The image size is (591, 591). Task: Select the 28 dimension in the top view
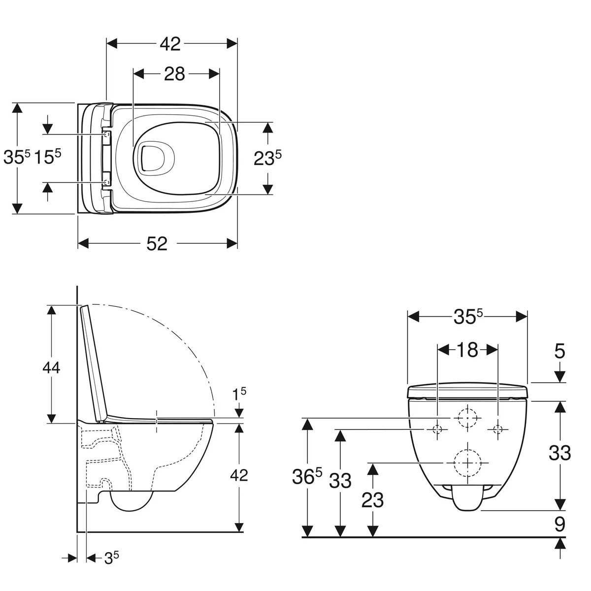(x=174, y=74)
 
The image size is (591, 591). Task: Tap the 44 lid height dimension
(x=51, y=367)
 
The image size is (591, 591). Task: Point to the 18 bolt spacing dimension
(x=467, y=350)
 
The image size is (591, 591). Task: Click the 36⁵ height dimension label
(x=307, y=476)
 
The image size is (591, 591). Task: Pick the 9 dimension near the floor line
(x=559, y=524)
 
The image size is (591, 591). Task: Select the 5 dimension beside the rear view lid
(x=559, y=352)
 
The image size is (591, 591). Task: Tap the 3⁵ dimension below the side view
(x=111, y=557)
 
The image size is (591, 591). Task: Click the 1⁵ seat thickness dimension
(x=239, y=394)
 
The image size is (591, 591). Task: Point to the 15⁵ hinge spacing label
(x=47, y=157)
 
